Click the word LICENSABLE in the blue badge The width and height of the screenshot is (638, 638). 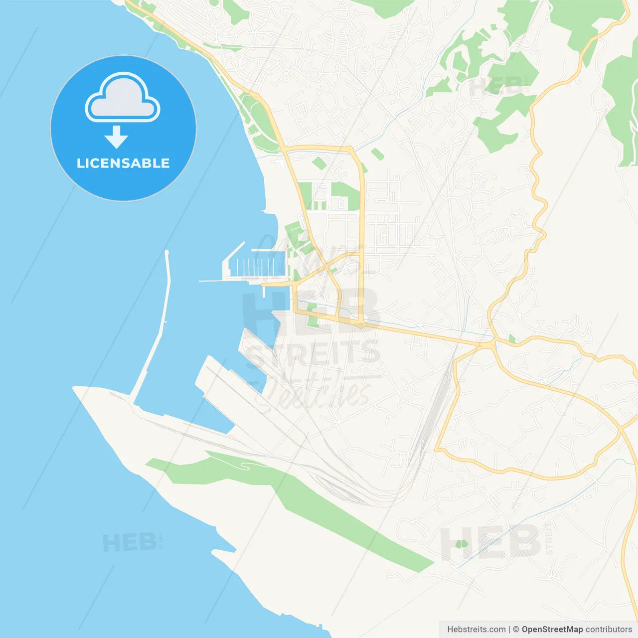coord(123,163)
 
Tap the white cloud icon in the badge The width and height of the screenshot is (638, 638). coord(123,99)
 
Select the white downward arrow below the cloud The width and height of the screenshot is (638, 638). coord(117,137)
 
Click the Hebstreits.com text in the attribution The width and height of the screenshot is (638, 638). coord(476,630)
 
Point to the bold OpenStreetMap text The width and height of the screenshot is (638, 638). coord(552,630)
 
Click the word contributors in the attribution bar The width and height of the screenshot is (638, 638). coord(609,630)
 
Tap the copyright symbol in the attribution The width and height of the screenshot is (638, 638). coord(516,630)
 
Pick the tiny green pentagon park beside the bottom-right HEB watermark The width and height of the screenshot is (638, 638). coord(462,544)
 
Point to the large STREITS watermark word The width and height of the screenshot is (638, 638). coord(314,354)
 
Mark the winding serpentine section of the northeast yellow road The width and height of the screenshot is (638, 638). coord(537,199)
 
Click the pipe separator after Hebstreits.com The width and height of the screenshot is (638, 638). coord(509,630)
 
